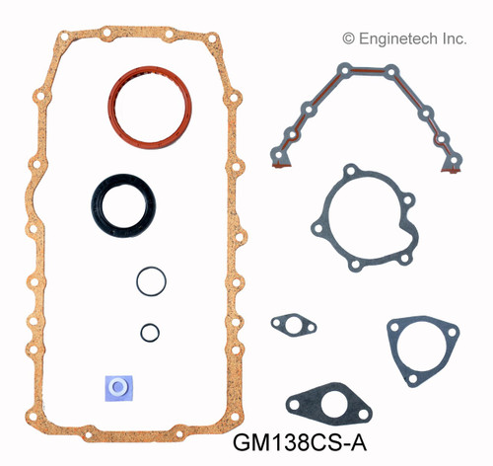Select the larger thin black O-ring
point(151,279)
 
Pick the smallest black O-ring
point(149,332)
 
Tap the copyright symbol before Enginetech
point(348,37)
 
